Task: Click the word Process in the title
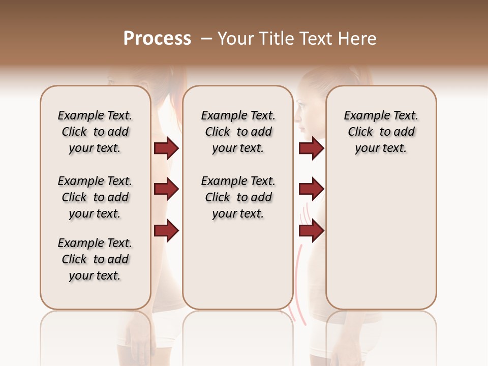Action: pos(157,39)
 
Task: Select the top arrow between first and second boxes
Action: pos(166,148)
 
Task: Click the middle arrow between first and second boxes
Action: pos(166,190)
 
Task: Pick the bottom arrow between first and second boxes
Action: pos(166,231)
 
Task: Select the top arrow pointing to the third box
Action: pos(311,148)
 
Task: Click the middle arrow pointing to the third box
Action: pos(311,190)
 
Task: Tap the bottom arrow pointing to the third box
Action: pos(311,231)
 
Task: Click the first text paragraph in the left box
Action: pos(95,132)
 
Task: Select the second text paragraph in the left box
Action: pos(95,197)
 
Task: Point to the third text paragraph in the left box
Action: pos(95,259)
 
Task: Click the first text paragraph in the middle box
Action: pos(238,132)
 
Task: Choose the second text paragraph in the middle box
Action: pos(238,197)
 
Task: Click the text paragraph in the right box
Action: pos(381,132)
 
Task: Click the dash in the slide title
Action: pos(206,39)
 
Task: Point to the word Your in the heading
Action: pos(236,39)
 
